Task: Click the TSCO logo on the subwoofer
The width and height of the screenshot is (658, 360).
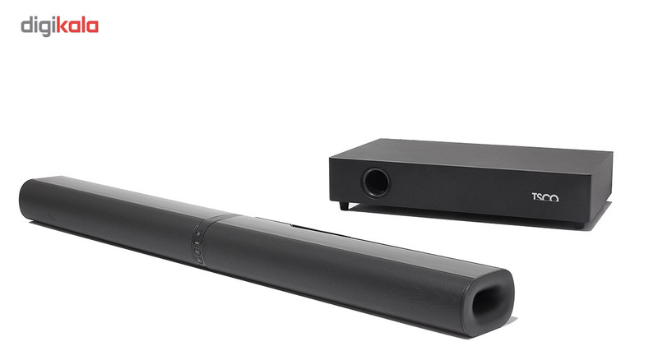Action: (x=545, y=197)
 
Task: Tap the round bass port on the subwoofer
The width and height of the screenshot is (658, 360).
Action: (x=375, y=182)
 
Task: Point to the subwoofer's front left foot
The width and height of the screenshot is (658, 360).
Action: (x=344, y=205)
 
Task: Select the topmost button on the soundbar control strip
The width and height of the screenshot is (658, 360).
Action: (x=198, y=233)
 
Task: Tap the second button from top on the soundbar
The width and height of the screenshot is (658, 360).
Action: (x=197, y=242)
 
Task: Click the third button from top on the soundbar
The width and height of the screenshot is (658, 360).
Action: (x=197, y=252)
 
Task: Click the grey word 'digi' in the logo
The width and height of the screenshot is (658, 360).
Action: (x=38, y=27)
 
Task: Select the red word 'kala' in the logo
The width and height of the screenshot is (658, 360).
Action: (x=76, y=25)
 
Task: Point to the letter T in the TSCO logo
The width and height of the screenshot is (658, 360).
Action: (x=535, y=196)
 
